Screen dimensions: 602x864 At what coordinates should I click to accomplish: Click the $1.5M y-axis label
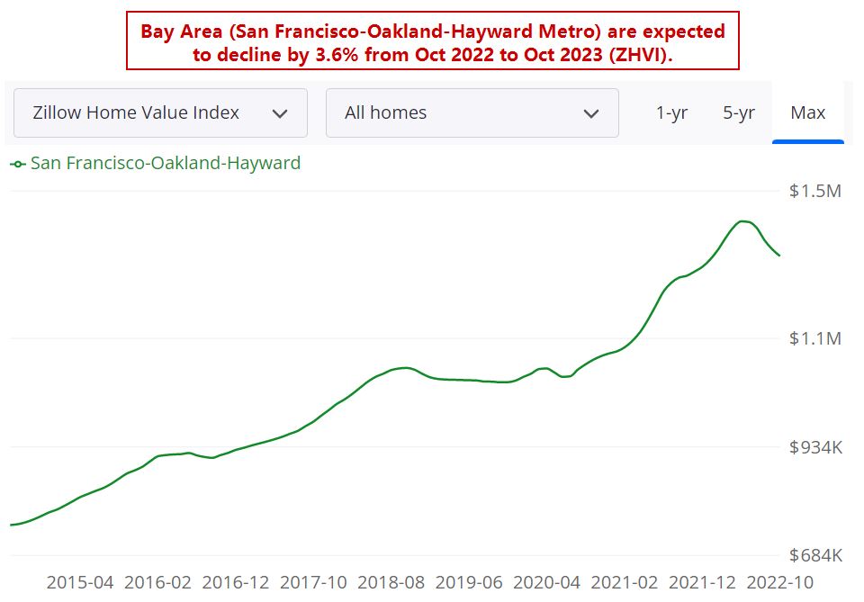click(x=814, y=192)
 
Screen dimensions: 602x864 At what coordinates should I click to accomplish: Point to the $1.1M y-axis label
click(x=814, y=338)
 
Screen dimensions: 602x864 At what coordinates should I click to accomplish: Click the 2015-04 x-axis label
click(x=80, y=582)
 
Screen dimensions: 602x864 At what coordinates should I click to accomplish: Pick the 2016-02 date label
click(x=157, y=582)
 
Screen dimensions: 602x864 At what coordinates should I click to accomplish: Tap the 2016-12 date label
click(x=236, y=582)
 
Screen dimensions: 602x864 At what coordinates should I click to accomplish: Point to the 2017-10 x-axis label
click(x=313, y=582)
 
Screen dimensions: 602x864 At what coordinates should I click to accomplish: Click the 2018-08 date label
click(x=391, y=582)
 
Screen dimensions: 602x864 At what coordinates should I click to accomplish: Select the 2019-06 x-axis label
click(x=469, y=582)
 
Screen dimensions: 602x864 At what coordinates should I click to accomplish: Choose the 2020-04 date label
click(x=546, y=582)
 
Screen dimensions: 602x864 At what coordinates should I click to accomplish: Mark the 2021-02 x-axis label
click(x=625, y=582)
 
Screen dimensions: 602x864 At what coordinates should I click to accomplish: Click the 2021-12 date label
click(x=702, y=582)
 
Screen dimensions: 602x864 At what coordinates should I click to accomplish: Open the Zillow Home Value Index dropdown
click(x=160, y=112)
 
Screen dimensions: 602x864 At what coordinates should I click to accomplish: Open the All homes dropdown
click(x=472, y=112)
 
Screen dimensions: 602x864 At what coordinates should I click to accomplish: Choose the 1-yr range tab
click(x=671, y=112)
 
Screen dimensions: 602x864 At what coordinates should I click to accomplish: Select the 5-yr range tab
click(x=738, y=112)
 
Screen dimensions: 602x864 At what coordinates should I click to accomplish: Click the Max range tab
click(x=807, y=112)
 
